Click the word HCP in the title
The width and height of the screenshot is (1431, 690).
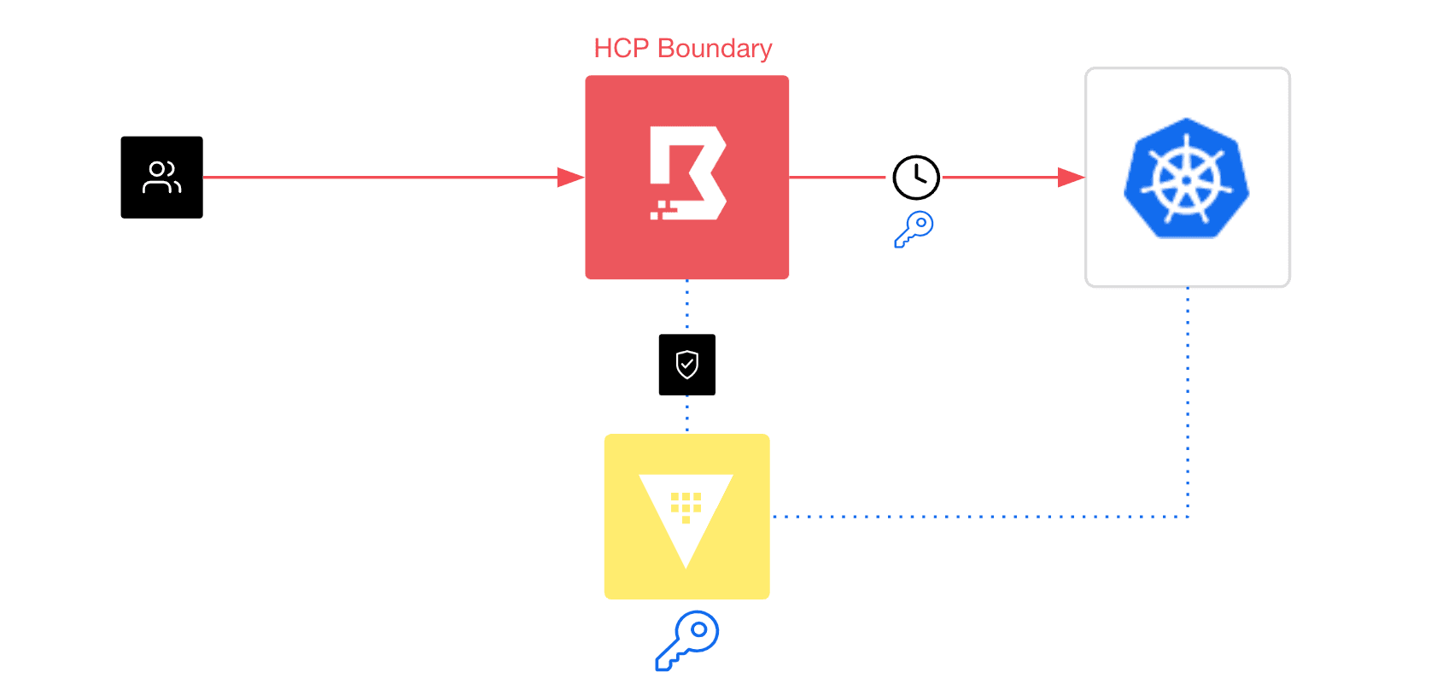[x=621, y=49]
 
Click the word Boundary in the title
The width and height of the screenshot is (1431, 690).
[x=715, y=49]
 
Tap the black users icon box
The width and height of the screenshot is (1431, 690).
[x=161, y=178]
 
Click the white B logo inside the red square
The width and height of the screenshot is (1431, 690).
[x=688, y=173]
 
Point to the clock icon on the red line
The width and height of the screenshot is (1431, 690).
[x=916, y=178]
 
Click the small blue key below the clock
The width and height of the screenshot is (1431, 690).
[x=914, y=229]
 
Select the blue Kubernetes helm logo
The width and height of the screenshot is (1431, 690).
[x=1187, y=178]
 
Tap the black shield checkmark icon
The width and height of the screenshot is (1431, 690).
[x=687, y=365]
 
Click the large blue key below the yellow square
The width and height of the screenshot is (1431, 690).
[x=687, y=640]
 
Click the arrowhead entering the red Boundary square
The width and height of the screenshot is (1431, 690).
[x=570, y=178]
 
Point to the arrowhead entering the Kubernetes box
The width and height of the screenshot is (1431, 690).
[x=1071, y=178]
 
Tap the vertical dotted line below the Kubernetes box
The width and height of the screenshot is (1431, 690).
[x=1188, y=401]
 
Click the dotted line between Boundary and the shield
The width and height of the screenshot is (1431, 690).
[x=687, y=306]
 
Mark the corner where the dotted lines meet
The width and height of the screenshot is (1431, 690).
[x=1188, y=517]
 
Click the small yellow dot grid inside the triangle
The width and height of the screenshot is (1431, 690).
[x=686, y=506]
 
